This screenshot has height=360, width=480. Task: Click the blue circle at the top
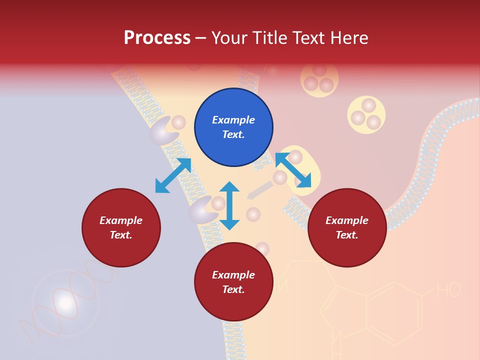click(x=233, y=127)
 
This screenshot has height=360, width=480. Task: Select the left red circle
click(x=121, y=227)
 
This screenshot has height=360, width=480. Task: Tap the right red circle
click(x=347, y=227)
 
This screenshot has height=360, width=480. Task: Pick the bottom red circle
click(x=233, y=282)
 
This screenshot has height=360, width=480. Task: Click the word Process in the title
click(x=157, y=38)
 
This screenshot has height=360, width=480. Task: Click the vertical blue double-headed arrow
click(x=229, y=205)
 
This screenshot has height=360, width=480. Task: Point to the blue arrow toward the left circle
click(x=173, y=175)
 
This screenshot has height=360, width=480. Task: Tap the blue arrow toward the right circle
click(x=293, y=170)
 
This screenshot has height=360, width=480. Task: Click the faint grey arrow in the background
click(x=260, y=190)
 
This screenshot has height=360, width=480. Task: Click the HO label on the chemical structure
click(x=448, y=290)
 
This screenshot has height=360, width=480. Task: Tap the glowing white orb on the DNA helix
click(x=65, y=302)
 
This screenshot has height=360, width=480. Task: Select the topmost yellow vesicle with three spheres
click(x=319, y=78)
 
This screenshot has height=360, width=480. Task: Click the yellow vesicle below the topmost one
click(x=366, y=114)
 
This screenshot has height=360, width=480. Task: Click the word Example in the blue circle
click(x=233, y=120)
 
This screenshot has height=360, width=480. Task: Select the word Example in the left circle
click(x=121, y=220)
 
